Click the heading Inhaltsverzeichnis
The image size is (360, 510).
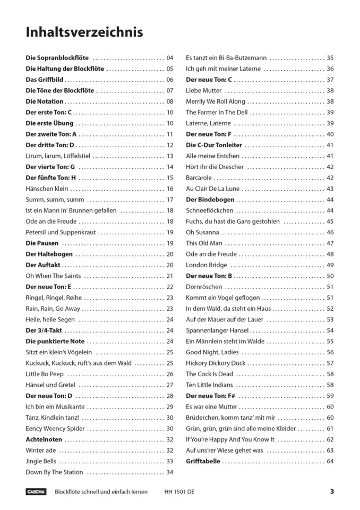click(84, 32)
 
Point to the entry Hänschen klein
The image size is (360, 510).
click(47, 189)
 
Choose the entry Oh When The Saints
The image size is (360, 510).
click(54, 276)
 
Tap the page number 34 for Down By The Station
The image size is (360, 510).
click(170, 472)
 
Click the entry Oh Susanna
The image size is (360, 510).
click(202, 232)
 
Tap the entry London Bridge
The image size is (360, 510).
click(206, 265)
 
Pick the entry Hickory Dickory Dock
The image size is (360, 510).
click(216, 363)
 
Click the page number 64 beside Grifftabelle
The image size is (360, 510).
click(330, 461)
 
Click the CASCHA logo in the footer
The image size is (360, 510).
click(36, 492)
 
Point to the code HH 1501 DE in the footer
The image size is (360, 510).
click(179, 492)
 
